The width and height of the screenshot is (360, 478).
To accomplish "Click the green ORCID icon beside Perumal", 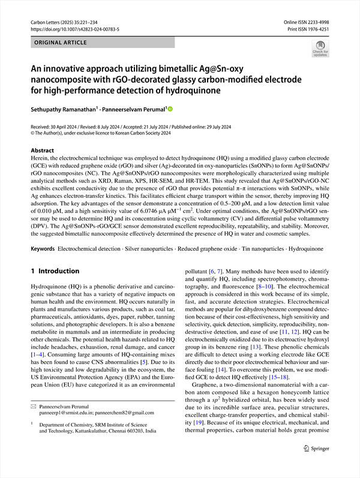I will [169, 109].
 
